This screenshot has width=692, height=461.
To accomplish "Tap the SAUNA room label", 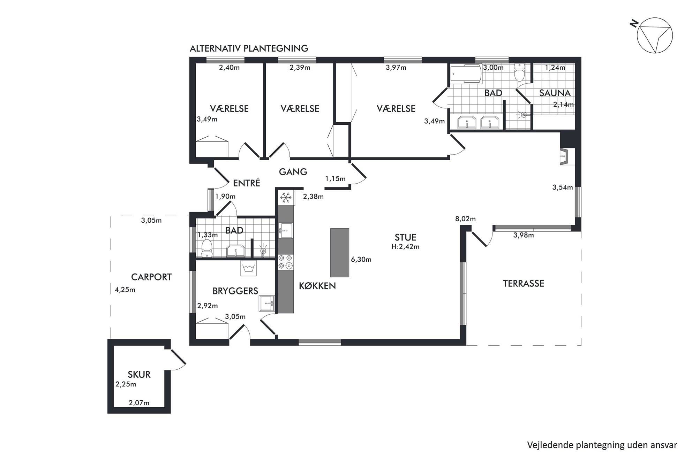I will click(x=555, y=93).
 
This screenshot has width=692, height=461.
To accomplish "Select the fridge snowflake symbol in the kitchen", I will click(x=286, y=198).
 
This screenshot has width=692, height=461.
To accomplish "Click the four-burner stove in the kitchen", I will click(x=286, y=262).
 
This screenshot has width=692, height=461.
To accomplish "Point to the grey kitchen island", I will click(x=340, y=253).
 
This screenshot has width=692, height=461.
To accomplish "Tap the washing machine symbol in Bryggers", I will click(x=248, y=269).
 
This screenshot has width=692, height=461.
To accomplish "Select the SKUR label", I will click(x=139, y=375).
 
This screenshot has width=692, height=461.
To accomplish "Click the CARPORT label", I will click(x=151, y=277).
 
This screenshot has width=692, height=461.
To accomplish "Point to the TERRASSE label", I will click(x=523, y=284).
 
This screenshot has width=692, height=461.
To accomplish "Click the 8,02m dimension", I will click(x=465, y=219).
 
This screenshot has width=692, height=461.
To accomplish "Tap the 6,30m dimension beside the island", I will click(x=361, y=260).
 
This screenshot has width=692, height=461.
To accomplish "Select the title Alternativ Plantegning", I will click(x=249, y=48).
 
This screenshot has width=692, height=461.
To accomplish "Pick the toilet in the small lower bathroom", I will click(x=207, y=248).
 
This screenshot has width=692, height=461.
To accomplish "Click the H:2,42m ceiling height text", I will click(x=405, y=247).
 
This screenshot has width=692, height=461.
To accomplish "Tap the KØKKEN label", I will click(x=317, y=286).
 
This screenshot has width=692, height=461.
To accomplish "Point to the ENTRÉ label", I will click(x=246, y=183).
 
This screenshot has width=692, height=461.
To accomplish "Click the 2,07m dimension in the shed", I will click(x=139, y=403).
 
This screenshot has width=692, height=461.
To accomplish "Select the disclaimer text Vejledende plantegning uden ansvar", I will click(x=602, y=445).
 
